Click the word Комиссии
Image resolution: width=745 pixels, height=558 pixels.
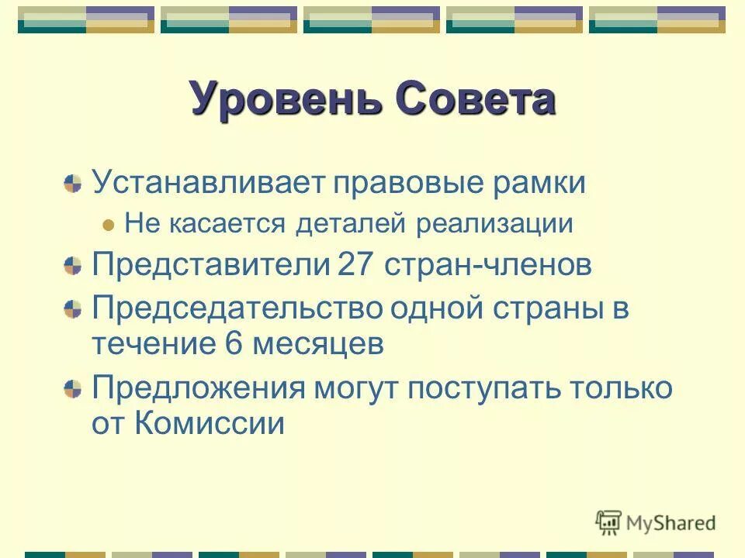210,424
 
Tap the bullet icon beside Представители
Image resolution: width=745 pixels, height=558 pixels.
73,267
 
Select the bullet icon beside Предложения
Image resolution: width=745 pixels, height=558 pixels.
73,388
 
